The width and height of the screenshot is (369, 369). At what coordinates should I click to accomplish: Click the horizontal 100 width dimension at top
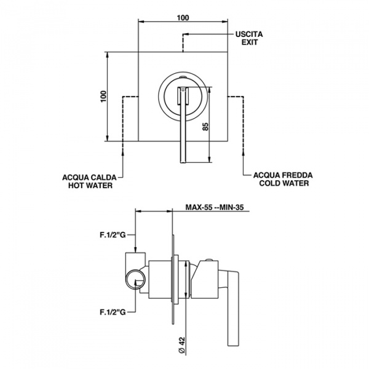(183, 17)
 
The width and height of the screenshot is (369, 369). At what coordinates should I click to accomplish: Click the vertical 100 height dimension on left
(104, 96)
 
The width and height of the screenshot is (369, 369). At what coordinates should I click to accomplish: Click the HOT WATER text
(90, 185)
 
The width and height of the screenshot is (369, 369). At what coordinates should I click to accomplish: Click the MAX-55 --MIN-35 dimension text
(216, 208)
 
